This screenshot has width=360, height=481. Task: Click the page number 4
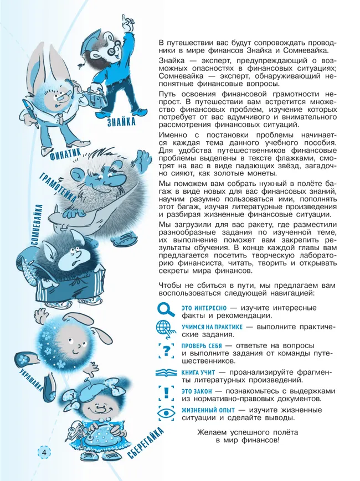tap(43, 452)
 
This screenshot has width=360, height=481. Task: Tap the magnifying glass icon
tap(166, 309)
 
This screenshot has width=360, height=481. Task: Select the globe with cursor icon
tap(166, 329)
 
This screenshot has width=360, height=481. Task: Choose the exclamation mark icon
tap(166, 392)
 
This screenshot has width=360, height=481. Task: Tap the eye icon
tap(166, 412)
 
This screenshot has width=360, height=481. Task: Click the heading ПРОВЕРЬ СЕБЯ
tap(202, 345)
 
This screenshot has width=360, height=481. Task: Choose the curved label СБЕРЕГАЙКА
tap(146, 444)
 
